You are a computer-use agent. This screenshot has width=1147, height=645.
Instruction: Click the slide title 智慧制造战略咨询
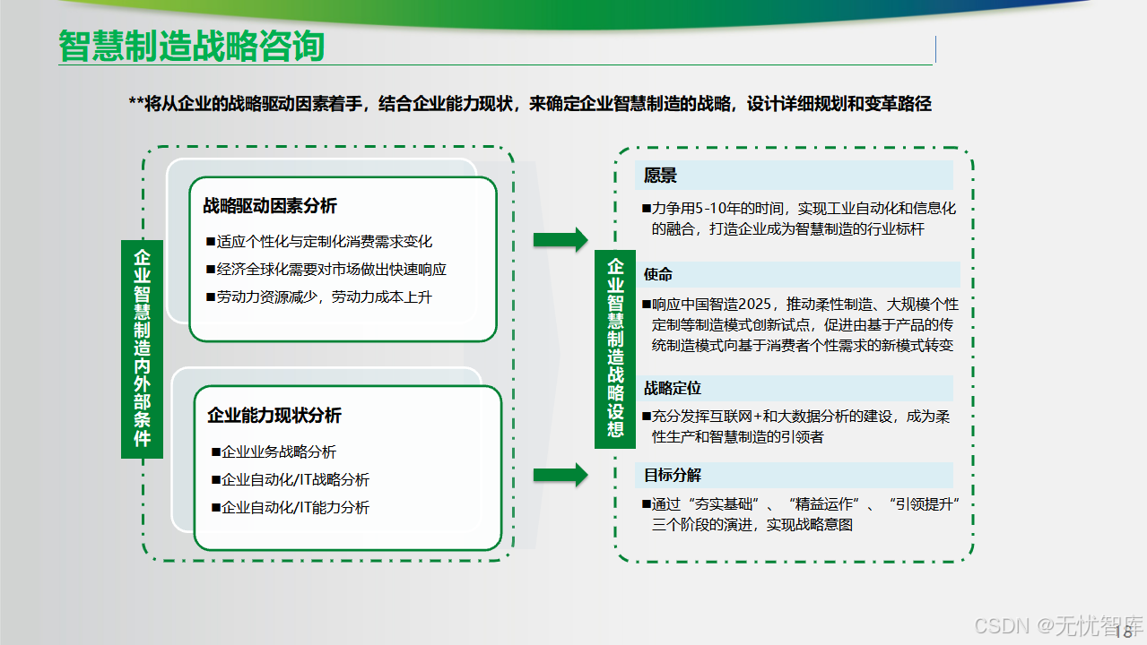(x=191, y=47)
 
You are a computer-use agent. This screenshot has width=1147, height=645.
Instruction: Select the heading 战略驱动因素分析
(x=270, y=206)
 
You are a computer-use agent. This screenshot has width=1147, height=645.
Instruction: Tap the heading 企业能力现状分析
(x=274, y=415)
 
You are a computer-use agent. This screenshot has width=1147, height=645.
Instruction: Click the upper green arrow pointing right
(x=560, y=239)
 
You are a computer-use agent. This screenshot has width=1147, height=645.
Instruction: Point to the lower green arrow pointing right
(x=560, y=475)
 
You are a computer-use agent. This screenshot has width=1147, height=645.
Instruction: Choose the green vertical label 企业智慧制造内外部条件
(x=142, y=348)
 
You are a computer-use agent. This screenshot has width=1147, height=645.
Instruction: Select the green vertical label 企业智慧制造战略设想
(x=615, y=348)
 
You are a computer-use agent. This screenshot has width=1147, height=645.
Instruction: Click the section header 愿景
(x=661, y=176)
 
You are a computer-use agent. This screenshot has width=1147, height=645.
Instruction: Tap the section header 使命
(x=658, y=274)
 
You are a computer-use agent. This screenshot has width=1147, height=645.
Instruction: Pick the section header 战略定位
(x=673, y=388)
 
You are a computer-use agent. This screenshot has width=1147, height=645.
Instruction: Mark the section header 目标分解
(x=673, y=475)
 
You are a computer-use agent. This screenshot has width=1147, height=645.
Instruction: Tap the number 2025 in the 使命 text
(x=763, y=304)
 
